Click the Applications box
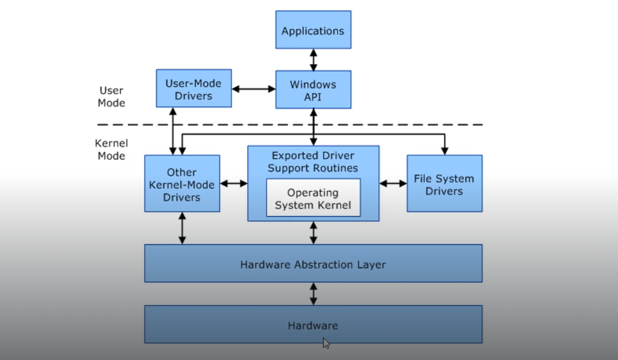tap(313, 30)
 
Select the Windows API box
tap(313, 89)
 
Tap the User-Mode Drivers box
tap(194, 88)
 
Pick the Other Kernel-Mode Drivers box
tap(182, 184)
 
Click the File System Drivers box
tap(444, 184)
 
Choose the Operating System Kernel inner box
tap(313, 198)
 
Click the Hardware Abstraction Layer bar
tap(313, 264)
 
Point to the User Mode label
tap(111, 97)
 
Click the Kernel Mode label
tap(111, 149)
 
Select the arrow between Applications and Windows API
tap(313, 60)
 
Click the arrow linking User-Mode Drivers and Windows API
tap(254, 89)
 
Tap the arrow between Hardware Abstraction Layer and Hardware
tap(313, 294)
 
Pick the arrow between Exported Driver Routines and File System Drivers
tap(393, 184)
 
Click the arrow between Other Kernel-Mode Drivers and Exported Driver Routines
tap(233, 184)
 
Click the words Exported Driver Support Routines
tap(313, 162)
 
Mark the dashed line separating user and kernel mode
tap(290, 124)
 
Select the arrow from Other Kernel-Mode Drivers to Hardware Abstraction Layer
tap(182, 228)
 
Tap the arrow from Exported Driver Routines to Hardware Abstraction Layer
tap(313, 233)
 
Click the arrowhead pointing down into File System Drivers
tap(444, 151)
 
